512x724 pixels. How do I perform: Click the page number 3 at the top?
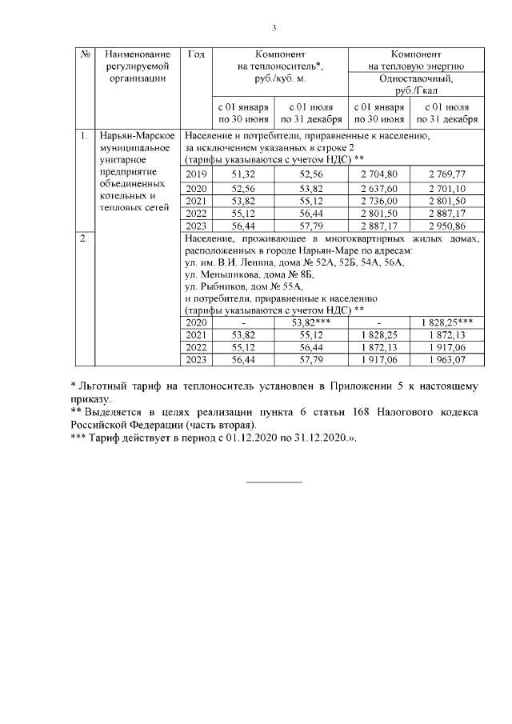point(274,29)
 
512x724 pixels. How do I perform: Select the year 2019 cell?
point(196,174)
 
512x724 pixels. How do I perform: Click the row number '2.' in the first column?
point(83,238)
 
